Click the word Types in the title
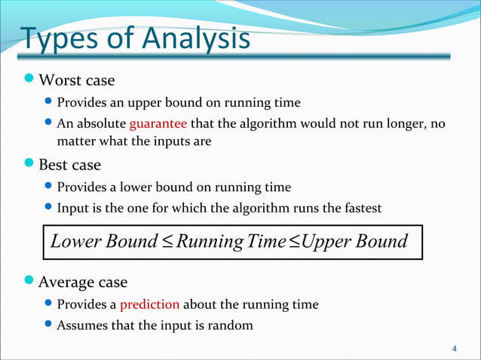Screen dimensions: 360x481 54,41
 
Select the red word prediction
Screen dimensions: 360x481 149,305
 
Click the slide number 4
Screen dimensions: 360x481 453,349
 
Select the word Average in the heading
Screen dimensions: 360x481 66,283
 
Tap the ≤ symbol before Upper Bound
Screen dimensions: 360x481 293,243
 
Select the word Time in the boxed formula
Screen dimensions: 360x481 268,242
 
